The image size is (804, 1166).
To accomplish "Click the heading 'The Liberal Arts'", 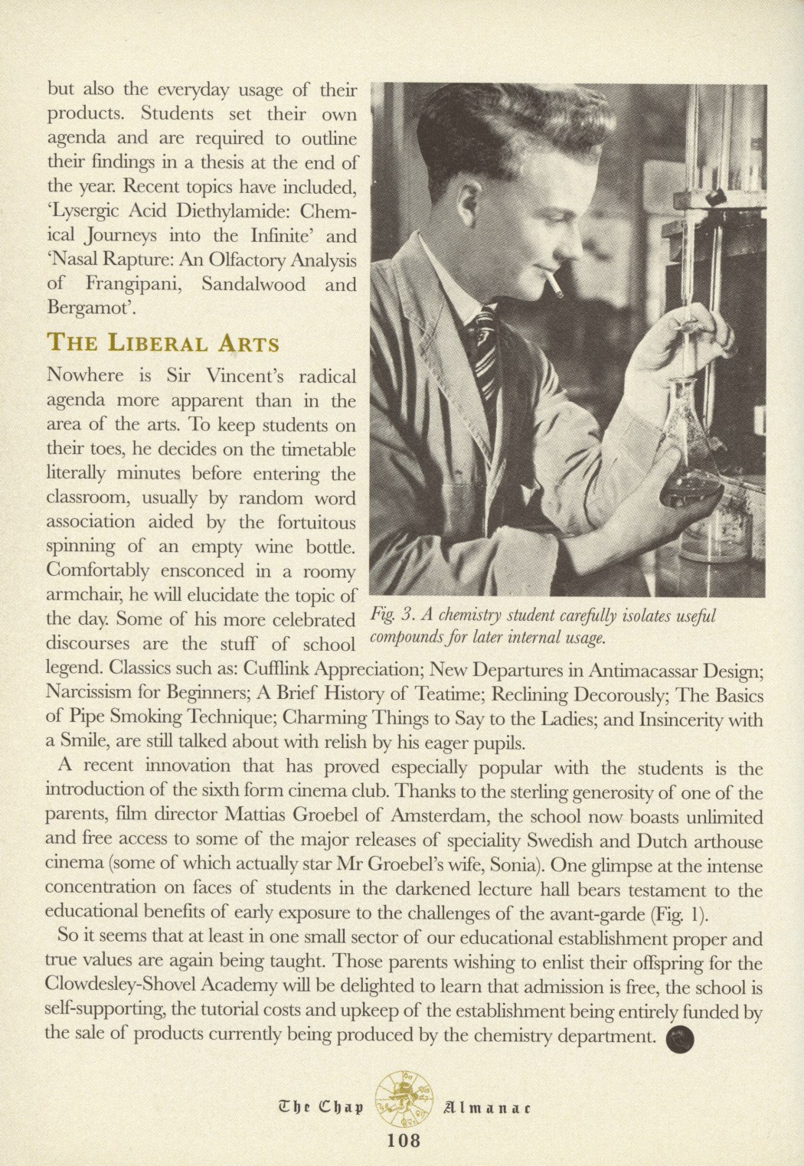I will pyautogui.click(x=163, y=342).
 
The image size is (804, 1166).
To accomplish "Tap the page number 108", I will pyautogui.click(x=404, y=1140).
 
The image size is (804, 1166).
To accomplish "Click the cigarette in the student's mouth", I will pyautogui.click(x=552, y=289).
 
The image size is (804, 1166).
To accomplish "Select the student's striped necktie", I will pyautogui.click(x=485, y=341).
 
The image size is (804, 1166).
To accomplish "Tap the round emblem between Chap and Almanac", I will pyautogui.click(x=404, y=1095).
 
